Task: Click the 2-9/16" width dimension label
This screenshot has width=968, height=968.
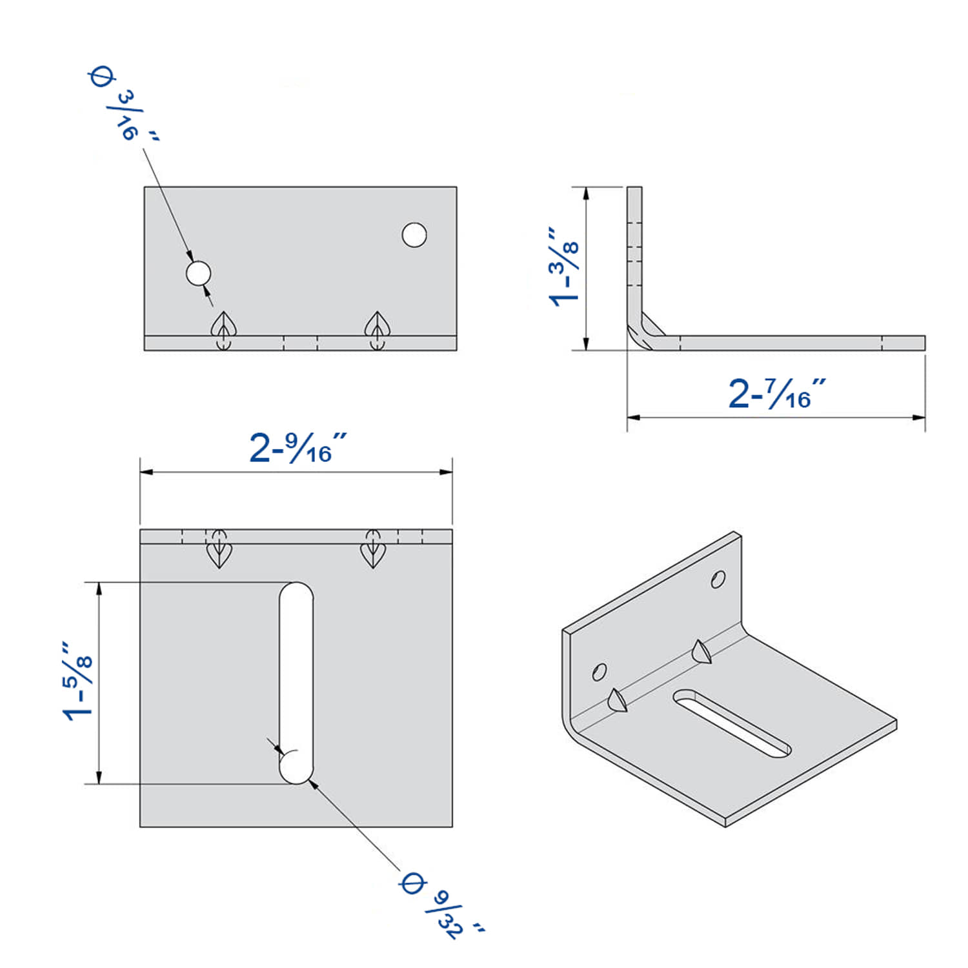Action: click(x=298, y=448)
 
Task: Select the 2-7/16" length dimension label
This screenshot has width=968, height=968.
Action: click(x=777, y=393)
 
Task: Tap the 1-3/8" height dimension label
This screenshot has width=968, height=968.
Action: click(x=563, y=265)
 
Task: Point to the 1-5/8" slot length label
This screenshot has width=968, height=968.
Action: click(x=77, y=680)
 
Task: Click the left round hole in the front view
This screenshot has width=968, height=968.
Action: click(x=198, y=273)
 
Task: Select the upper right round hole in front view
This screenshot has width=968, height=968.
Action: click(x=414, y=235)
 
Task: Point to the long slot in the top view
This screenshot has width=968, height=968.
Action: click(x=296, y=683)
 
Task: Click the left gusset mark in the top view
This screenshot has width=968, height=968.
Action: click(x=219, y=550)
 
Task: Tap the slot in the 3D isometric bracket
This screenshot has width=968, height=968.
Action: click(x=732, y=723)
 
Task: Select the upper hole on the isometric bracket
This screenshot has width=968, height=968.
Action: click(x=718, y=580)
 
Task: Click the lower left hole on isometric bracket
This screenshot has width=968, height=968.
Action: click(x=599, y=672)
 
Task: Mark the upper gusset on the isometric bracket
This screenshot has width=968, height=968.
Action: click(x=701, y=651)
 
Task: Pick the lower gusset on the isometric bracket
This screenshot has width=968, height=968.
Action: click(x=617, y=700)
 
